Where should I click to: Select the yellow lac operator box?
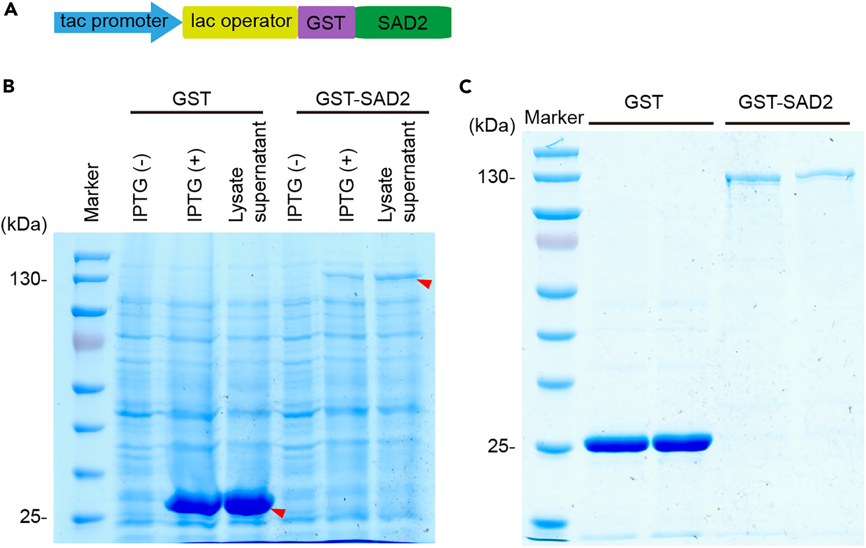(240, 22)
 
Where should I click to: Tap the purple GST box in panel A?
(326, 23)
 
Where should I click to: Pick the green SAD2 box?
(403, 23)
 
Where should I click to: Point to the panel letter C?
(465, 86)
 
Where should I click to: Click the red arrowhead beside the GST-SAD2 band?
(425, 283)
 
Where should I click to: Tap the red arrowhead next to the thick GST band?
(279, 512)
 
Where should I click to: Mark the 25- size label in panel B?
(33, 517)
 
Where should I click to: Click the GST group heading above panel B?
(191, 99)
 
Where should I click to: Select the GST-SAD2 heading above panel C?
(785, 102)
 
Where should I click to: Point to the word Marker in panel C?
(554, 117)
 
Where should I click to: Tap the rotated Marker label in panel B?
(92, 193)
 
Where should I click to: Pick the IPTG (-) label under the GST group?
(141, 188)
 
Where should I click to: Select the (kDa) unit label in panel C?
(492, 126)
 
